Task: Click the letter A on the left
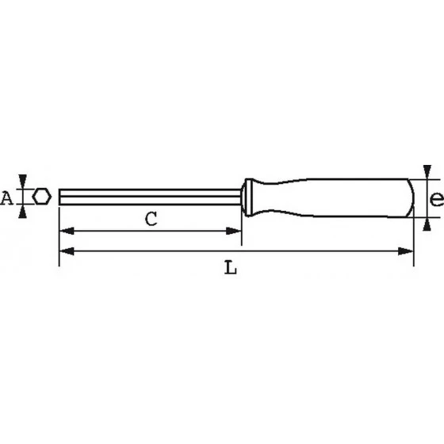coord(6,197)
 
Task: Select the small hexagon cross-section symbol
coord(43,197)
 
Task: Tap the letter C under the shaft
coord(150,220)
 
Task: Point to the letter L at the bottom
coord(230,268)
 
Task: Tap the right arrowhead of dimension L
coord(407,251)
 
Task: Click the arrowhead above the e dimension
coord(427,171)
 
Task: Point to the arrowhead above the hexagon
coord(25,181)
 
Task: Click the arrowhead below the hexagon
coord(25,212)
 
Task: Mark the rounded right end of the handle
coord(411,197)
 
